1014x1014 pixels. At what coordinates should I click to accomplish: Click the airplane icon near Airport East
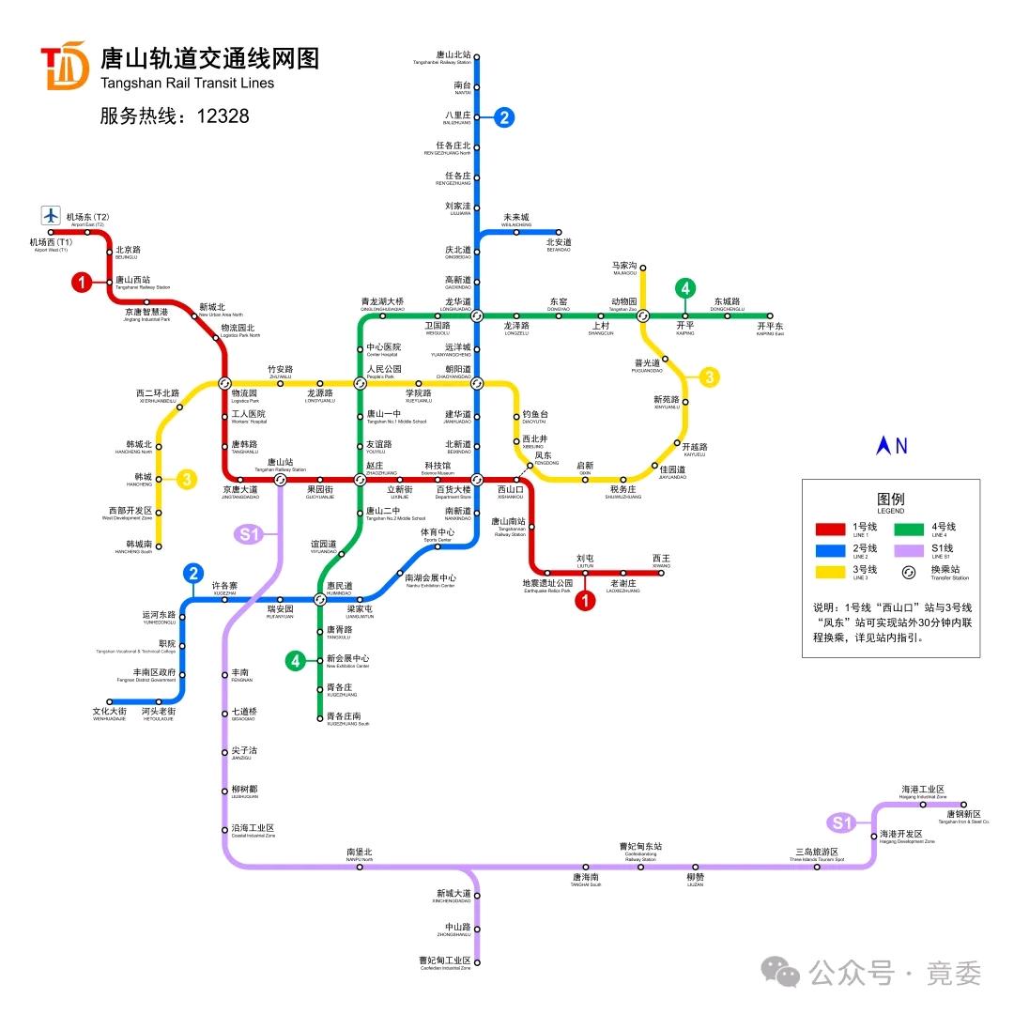click(x=51, y=215)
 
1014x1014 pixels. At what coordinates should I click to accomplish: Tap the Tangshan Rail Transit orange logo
click(x=64, y=66)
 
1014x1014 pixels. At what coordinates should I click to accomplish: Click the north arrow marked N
click(x=891, y=446)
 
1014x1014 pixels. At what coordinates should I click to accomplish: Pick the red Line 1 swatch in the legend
click(x=832, y=528)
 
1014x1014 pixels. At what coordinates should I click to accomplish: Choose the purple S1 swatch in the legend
click(x=912, y=549)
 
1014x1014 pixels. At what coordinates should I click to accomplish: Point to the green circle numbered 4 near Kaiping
click(x=686, y=288)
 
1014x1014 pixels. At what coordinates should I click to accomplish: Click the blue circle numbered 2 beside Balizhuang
click(x=504, y=117)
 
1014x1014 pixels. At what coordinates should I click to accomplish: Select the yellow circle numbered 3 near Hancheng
click(x=188, y=479)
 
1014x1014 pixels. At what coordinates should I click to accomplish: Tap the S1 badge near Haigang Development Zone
click(x=841, y=823)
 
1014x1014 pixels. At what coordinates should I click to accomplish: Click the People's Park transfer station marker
click(x=360, y=383)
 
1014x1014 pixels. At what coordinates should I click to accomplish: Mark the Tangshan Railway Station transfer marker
click(x=280, y=480)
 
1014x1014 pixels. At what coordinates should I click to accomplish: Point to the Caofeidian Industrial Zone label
click(x=444, y=962)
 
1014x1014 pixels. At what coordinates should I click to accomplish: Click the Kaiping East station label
click(x=769, y=329)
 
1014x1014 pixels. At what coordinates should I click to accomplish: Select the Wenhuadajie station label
click(x=109, y=714)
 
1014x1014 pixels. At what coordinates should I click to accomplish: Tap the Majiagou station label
click(x=624, y=269)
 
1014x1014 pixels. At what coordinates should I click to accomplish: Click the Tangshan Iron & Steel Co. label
click(x=963, y=817)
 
